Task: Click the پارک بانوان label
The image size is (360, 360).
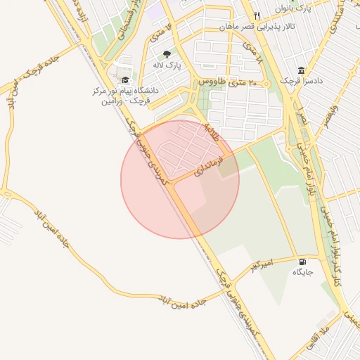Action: (x=292, y=8)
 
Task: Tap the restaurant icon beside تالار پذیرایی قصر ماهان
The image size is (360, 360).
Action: (x=257, y=15)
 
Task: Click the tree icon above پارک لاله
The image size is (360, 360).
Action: (x=167, y=53)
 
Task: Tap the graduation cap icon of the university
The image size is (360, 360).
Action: (x=125, y=80)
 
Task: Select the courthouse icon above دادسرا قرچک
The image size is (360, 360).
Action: (x=301, y=70)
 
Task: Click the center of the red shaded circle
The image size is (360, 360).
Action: (x=180, y=179)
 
